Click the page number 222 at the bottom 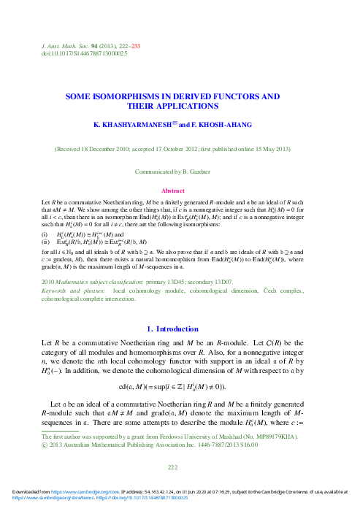coord(172,467)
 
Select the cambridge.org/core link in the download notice coord(69,499)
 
